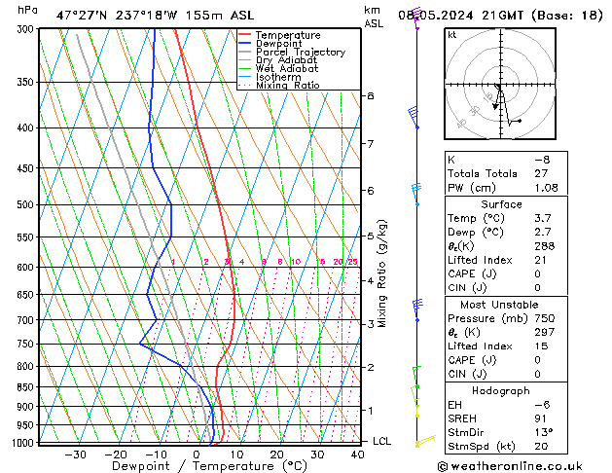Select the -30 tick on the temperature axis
(75, 454)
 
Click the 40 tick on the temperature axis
(357, 454)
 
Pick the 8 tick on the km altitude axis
(371, 96)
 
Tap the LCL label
(382, 441)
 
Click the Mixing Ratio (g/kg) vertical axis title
(383, 273)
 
